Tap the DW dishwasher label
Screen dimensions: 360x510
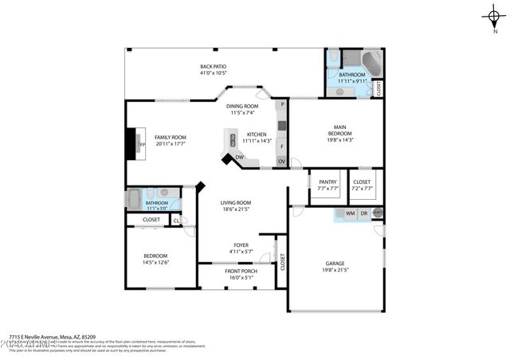coord(239,158)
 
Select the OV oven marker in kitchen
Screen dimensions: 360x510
coord(280,161)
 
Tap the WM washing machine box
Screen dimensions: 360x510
coord(350,213)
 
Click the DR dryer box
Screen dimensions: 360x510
coord(364,213)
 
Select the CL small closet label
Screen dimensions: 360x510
coord(176,220)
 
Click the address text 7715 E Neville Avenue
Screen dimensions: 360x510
coord(53,336)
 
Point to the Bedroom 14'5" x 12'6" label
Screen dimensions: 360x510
coord(155,260)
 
